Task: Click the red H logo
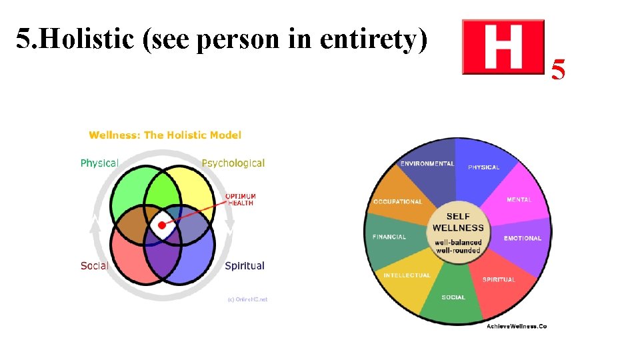(503, 46)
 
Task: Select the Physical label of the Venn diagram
(99, 163)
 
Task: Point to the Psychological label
(233, 163)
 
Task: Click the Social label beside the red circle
(94, 265)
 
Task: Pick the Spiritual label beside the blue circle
(244, 265)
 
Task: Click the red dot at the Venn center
(162, 225)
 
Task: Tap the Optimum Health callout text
(240, 199)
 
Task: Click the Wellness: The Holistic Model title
(165, 135)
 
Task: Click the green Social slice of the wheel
(453, 293)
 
